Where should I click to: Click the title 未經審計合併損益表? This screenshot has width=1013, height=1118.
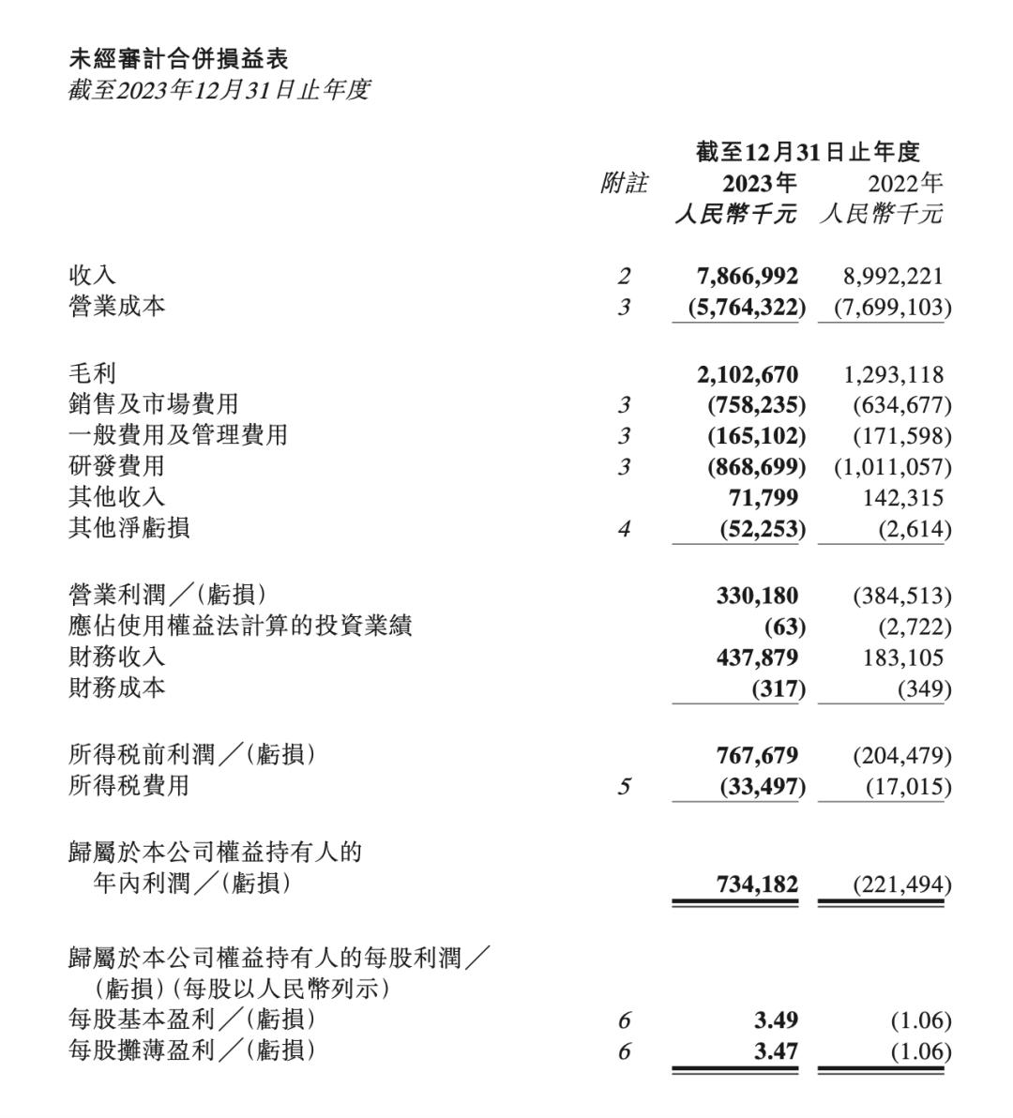pyautogui.click(x=178, y=59)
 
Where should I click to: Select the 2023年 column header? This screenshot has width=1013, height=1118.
pyautogui.click(x=759, y=183)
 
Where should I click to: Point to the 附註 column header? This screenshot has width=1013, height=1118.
pyautogui.click(x=624, y=183)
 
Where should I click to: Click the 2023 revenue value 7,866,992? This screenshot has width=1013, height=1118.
pyautogui.click(x=748, y=277)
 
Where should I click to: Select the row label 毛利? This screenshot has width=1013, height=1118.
pyautogui.click(x=92, y=373)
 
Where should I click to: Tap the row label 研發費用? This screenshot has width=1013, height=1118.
pyautogui.click(x=116, y=466)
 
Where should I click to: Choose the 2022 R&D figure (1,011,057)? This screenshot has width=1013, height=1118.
pyautogui.click(x=892, y=467)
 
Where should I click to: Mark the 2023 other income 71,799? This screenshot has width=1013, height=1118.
pyautogui.click(x=764, y=498)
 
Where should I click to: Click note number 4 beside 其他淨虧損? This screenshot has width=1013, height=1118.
pyautogui.click(x=624, y=529)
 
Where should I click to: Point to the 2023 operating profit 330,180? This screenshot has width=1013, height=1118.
pyautogui.click(x=757, y=596)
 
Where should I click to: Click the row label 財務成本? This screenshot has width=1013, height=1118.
pyautogui.click(x=116, y=688)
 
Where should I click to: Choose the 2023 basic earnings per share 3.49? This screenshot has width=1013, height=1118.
pyautogui.click(x=776, y=1020)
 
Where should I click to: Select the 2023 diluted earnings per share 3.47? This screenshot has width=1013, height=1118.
pyautogui.click(x=776, y=1051)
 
